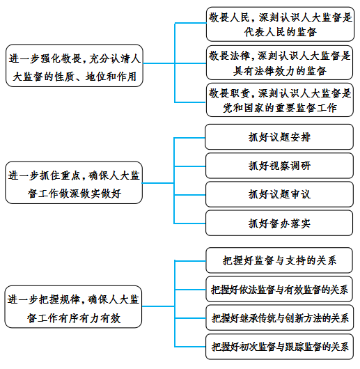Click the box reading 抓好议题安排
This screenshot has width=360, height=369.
point(279,137)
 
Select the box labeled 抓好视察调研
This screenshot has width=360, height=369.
point(279,166)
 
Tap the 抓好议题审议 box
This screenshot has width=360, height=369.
point(279,194)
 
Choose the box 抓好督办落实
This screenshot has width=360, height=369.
point(279,223)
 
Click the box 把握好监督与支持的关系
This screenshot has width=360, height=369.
point(279,260)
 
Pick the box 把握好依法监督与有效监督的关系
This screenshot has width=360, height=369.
point(279,289)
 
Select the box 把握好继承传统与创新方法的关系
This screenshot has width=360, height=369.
point(279,318)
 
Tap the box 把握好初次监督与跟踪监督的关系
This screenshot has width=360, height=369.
point(279,347)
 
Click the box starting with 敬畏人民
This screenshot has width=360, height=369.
point(280,24)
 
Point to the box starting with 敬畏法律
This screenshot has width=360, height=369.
point(279,63)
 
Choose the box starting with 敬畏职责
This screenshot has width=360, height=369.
point(279,100)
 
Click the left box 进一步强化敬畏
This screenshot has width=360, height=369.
point(75,65)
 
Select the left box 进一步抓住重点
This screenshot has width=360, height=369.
point(74,182)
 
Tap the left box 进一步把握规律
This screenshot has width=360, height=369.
point(73,307)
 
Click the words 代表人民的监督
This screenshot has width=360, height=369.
point(280,32)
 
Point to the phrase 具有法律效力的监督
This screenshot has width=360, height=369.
point(279,71)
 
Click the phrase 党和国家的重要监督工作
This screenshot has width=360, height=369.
point(280,108)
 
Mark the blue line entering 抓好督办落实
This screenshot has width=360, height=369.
point(189,223)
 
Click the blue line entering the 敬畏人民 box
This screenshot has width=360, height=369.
point(191,23)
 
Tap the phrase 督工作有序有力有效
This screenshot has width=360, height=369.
point(74,318)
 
